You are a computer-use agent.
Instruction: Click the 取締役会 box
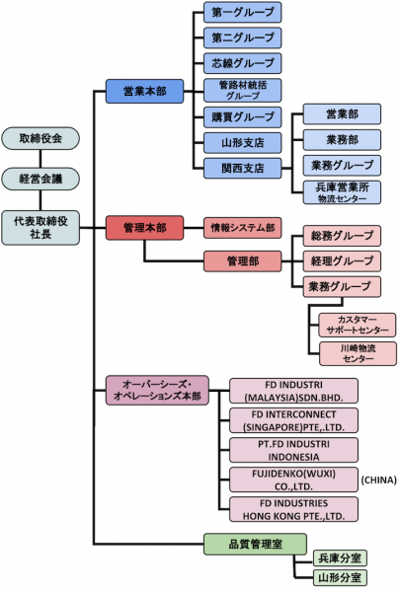[x=40, y=138]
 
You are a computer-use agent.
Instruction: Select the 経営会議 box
[x=40, y=179]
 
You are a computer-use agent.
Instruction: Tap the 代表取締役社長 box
[x=40, y=228]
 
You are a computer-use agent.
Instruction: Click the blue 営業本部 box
[x=145, y=91]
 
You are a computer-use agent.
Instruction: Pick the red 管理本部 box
[x=145, y=228]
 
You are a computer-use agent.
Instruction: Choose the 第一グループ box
[x=243, y=12]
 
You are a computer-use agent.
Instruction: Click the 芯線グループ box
[x=243, y=63]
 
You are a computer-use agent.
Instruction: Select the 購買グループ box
[x=243, y=117]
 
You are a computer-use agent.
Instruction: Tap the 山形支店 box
[x=243, y=143]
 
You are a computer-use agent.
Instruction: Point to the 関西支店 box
[x=243, y=169]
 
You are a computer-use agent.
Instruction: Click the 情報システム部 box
[x=243, y=228]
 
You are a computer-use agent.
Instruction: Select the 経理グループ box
[x=342, y=260]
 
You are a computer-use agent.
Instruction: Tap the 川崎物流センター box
[x=359, y=354]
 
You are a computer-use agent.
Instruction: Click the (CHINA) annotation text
[x=379, y=480]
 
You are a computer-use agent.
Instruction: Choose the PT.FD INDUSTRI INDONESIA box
[x=293, y=450]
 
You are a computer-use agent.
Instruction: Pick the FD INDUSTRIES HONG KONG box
[x=293, y=509]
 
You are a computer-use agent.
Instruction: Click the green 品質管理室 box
[x=255, y=544]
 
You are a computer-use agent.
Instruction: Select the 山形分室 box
[x=340, y=577]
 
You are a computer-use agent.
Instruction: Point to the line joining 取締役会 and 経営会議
[x=40, y=159]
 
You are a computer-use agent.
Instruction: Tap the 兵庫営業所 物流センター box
[x=342, y=192]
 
